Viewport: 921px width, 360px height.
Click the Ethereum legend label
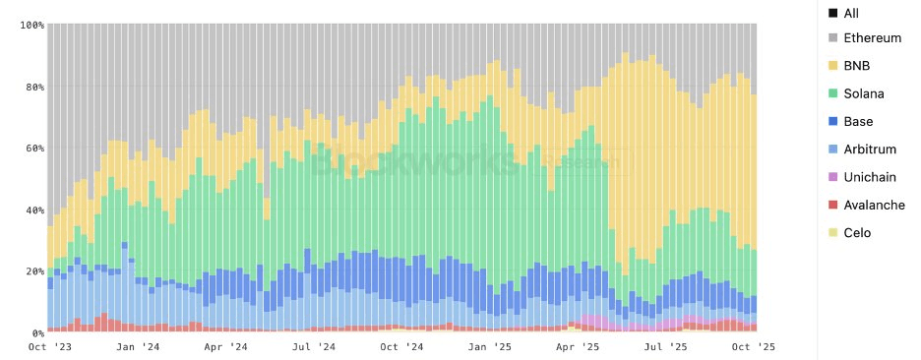873,38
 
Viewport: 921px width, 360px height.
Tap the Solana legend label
864,93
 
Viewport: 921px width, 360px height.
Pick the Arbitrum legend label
870,149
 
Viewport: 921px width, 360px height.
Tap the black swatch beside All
832,13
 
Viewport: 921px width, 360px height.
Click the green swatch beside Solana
832,93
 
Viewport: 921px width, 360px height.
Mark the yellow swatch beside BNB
832,66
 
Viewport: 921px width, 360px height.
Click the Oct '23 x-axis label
49,347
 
